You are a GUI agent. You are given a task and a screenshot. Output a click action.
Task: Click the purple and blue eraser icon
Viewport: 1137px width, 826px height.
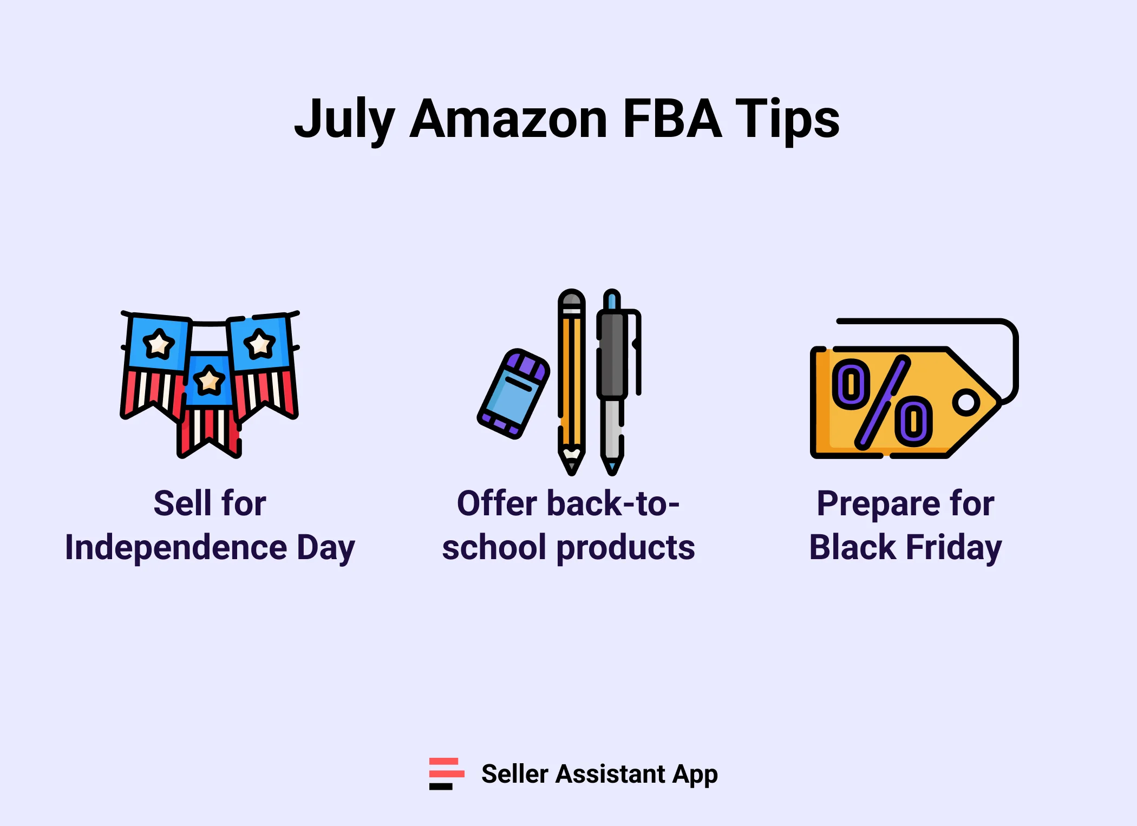coord(513,394)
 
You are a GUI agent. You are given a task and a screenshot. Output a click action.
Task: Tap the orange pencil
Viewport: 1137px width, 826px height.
coord(571,379)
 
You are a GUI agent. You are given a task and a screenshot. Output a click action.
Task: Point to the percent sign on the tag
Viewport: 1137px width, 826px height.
coord(882,402)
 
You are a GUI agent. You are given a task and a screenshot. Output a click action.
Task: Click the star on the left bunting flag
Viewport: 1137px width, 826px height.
coord(158,344)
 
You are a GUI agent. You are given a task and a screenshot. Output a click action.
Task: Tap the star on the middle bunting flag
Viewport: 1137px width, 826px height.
coord(209,380)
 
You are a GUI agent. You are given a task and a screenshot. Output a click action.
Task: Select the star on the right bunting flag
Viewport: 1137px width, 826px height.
coord(259,344)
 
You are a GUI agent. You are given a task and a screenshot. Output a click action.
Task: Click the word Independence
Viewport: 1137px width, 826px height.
coord(176,547)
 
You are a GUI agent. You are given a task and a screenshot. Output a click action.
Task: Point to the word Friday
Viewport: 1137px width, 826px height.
coord(953,547)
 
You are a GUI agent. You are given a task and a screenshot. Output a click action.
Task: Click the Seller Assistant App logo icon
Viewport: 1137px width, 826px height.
coord(446,773)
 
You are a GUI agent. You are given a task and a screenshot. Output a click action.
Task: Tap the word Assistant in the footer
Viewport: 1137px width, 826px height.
coord(610,773)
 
